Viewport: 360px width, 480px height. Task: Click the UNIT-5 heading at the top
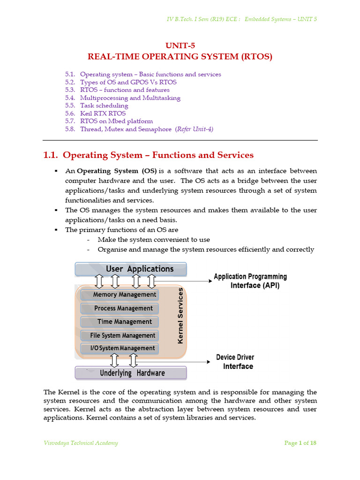coord(180,45)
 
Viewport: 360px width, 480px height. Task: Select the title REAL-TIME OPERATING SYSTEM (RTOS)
coord(180,57)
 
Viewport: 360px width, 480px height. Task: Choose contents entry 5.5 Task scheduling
coord(104,105)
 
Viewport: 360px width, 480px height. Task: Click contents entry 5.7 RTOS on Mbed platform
coord(116,121)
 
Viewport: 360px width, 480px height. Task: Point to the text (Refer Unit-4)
coord(194,129)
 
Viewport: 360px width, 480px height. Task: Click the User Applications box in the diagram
coord(131,269)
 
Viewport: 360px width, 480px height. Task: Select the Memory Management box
coord(120,294)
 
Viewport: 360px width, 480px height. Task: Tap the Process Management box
coord(120,308)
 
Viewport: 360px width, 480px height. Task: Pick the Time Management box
coord(120,322)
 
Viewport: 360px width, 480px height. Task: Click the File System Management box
coord(120,335)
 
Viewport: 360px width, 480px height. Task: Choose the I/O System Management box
coord(120,348)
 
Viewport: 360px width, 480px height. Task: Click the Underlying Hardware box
coord(131,373)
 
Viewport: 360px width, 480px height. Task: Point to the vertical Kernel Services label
coord(180,316)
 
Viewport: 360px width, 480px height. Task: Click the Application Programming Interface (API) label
coord(251,281)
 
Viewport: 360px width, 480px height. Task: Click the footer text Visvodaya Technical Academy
coord(81,443)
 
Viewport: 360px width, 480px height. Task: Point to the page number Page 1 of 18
coord(300,443)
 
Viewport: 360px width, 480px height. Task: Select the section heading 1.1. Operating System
coord(148,155)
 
